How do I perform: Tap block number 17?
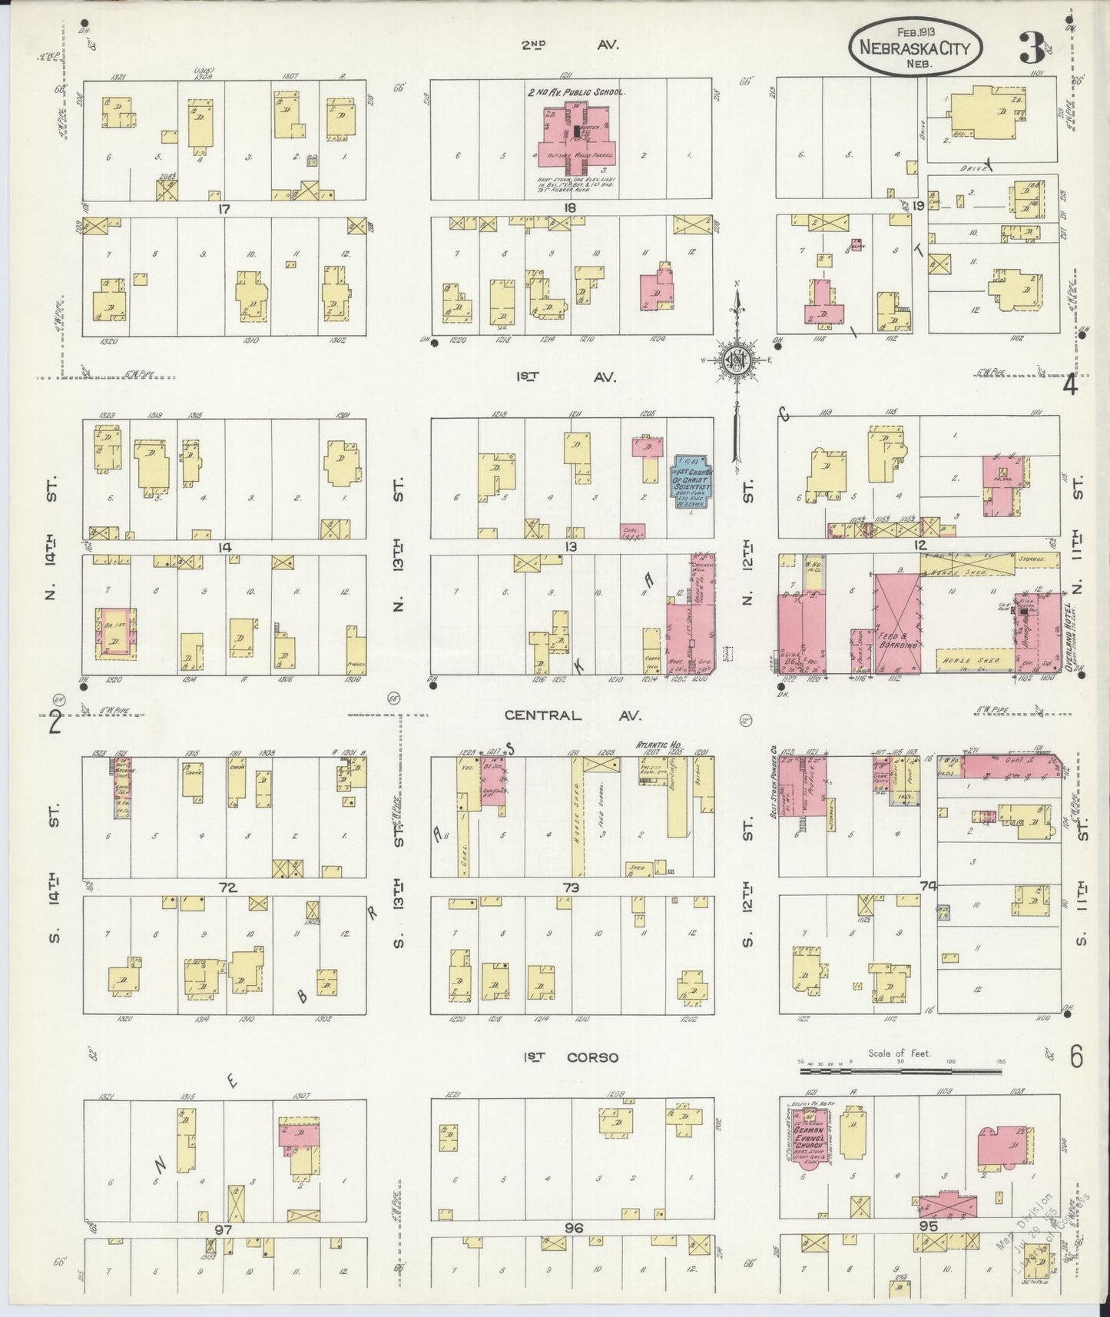pos(224,207)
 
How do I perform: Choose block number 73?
pos(570,887)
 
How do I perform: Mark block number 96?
pos(574,1228)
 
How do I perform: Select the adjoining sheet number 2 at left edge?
pos(55,722)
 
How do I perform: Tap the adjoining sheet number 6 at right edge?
pos(1075,1057)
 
